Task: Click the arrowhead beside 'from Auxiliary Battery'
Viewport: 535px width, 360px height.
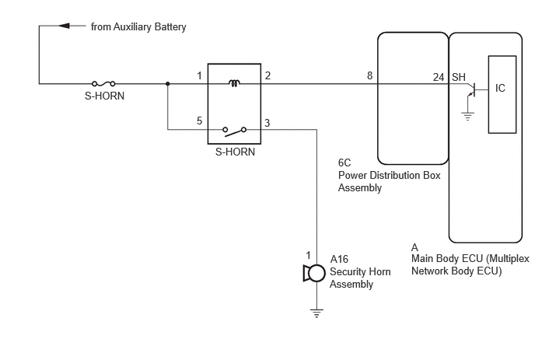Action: [x=64, y=26]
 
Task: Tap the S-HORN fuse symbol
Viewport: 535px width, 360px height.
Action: [x=103, y=84]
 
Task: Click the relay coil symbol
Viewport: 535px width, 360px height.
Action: [x=234, y=83]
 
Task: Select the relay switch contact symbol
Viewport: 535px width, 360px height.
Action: [x=234, y=131]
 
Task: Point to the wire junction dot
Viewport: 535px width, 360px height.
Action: [x=167, y=84]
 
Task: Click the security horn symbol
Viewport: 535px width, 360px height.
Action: [x=314, y=274]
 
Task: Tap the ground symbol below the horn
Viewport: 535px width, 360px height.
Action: [x=316, y=313]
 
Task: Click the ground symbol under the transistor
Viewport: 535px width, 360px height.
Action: [x=467, y=117]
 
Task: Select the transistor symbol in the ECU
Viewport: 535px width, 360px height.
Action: [x=472, y=89]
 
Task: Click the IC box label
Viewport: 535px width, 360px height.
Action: [x=500, y=88]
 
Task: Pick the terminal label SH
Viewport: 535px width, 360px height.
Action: [x=459, y=77]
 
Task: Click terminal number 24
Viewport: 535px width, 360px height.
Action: [x=439, y=78]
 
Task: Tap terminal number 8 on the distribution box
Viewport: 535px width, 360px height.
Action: [x=369, y=75]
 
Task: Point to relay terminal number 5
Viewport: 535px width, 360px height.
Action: [x=199, y=121]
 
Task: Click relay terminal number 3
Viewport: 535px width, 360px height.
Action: [x=267, y=123]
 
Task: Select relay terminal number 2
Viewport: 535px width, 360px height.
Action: [x=267, y=75]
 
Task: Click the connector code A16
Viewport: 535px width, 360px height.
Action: [x=339, y=260]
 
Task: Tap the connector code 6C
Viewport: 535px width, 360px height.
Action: [x=344, y=163]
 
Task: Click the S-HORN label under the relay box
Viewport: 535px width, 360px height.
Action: [x=235, y=152]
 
